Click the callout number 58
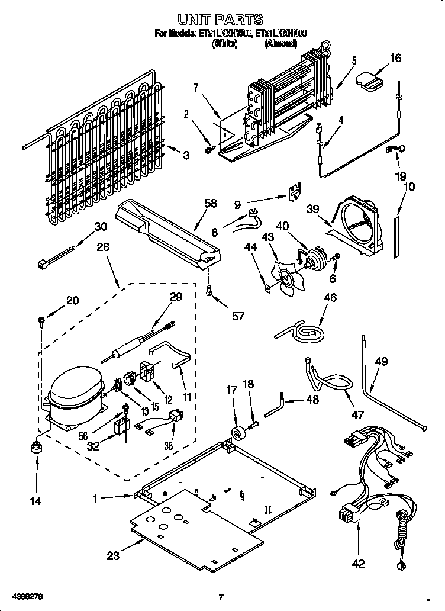point(211,203)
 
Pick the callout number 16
point(395,57)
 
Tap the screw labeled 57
point(209,291)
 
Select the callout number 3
point(186,155)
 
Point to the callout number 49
point(382,361)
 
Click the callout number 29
point(176,297)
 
